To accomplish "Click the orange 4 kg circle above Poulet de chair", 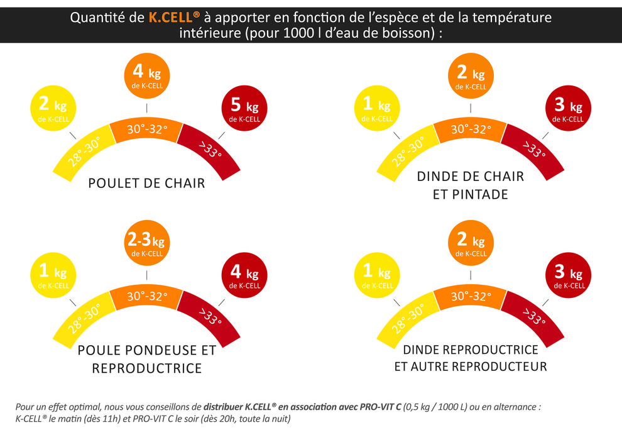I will (x=146, y=77).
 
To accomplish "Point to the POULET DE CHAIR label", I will (x=146, y=184).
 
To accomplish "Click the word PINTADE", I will (x=479, y=194).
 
